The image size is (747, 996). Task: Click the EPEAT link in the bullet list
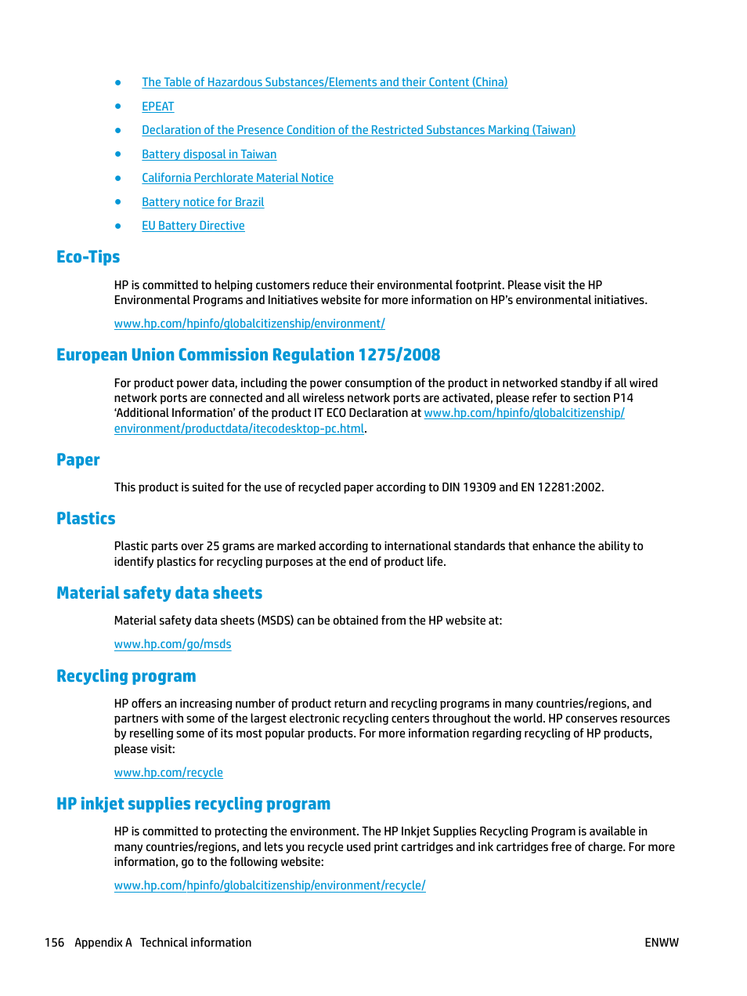tap(157, 107)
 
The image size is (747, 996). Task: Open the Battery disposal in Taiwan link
tap(208, 154)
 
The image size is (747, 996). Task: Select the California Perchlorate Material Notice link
tap(237, 178)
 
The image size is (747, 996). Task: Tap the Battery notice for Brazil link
tap(203, 202)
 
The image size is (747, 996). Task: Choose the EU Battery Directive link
tap(193, 226)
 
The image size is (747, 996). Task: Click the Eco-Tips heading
tap(88, 257)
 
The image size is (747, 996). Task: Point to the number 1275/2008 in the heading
tap(399, 355)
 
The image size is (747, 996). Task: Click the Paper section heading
tap(78, 460)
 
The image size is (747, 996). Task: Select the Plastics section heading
tap(85, 519)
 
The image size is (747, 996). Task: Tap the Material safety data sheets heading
tap(159, 593)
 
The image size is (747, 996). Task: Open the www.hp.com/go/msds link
tap(172, 644)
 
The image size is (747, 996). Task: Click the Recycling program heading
tap(126, 676)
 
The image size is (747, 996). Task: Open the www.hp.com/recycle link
tap(168, 773)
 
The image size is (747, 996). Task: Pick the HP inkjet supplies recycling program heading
tap(193, 804)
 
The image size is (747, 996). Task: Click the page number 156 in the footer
tap(54, 943)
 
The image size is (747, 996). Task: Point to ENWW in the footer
tap(661, 943)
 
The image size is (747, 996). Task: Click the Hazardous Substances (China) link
tap(324, 82)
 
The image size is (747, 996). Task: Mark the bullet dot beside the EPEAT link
tap(118, 107)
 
